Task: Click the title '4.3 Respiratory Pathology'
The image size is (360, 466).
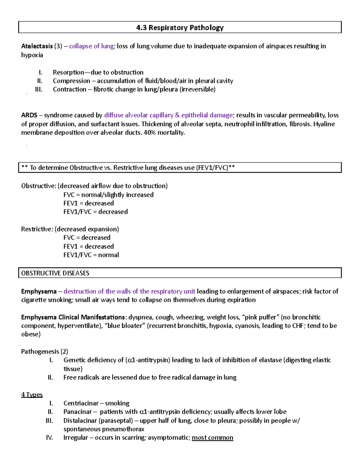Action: point(180,28)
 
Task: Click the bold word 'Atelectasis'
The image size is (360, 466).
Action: point(37,46)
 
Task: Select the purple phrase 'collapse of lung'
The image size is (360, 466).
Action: point(91,46)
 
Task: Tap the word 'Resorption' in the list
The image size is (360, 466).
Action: point(68,72)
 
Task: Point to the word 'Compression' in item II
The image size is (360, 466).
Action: point(71,81)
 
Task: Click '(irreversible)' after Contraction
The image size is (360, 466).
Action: point(197,89)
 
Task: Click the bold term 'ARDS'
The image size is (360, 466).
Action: point(29,115)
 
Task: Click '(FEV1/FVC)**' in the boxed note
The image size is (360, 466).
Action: point(215,168)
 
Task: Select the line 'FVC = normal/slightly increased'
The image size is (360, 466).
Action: point(108,195)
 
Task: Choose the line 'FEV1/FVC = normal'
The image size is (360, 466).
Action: point(91,255)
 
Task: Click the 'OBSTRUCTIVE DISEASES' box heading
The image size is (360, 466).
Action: point(55,273)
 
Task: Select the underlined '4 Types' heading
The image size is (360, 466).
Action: point(32,395)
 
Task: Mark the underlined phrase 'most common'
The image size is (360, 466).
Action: point(212,438)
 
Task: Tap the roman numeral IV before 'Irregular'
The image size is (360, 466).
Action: point(49,438)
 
